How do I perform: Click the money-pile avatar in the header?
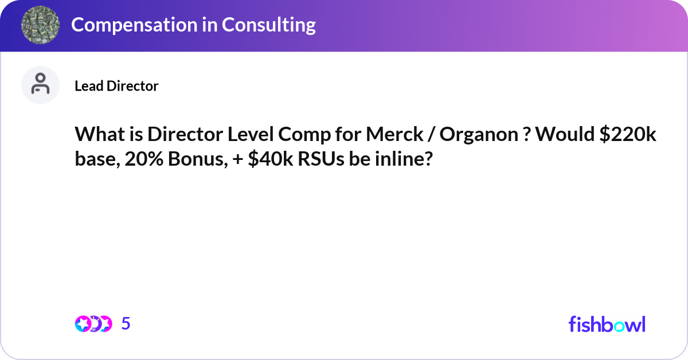pos(41,25)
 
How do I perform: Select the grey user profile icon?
pos(41,85)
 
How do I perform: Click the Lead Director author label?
pos(116,86)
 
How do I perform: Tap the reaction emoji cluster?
pos(93,324)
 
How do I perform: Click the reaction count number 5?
pos(126,324)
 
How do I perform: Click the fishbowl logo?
pos(607,324)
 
